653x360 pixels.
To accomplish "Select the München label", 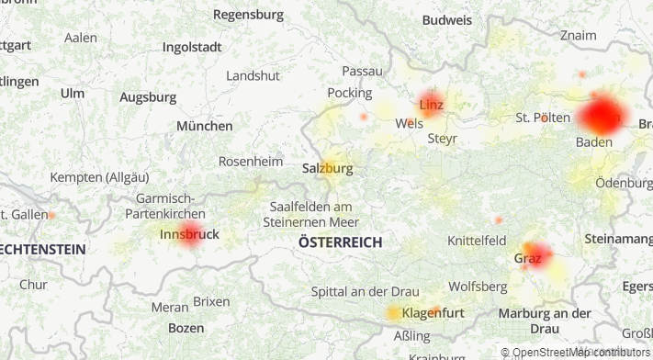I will coord(205,126).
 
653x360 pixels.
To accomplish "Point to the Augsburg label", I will coord(148,96).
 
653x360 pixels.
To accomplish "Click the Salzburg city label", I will coord(327,168).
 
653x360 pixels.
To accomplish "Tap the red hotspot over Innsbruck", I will coord(190,233).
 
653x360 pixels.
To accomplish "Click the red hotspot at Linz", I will coord(431,103).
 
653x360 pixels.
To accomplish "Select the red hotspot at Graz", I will coord(535,254).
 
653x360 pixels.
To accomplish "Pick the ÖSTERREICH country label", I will coord(340,242).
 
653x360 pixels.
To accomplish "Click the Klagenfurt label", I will coord(433,313).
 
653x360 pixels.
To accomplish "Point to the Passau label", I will coord(362,71).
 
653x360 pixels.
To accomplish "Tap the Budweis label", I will coord(447,19).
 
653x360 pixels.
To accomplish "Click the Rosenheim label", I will coord(251,161).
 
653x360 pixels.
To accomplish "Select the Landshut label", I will coord(253,75).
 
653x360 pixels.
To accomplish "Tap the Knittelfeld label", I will coord(476,241).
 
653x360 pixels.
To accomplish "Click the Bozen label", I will coord(186,328).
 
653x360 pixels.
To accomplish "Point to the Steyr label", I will coord(442,139).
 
